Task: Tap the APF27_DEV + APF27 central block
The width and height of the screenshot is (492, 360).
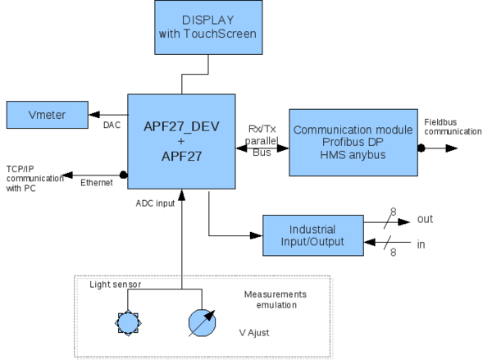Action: (x=180, y=142)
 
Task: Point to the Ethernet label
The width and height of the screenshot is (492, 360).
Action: (x=97, y=184)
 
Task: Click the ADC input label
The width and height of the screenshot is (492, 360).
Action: (x=155, y=203)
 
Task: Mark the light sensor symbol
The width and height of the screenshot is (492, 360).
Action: (x=127, y=322)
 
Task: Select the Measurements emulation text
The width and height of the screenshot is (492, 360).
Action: (x=275, y=299)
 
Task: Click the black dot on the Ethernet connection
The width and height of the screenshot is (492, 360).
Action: (x=123, y=174)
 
